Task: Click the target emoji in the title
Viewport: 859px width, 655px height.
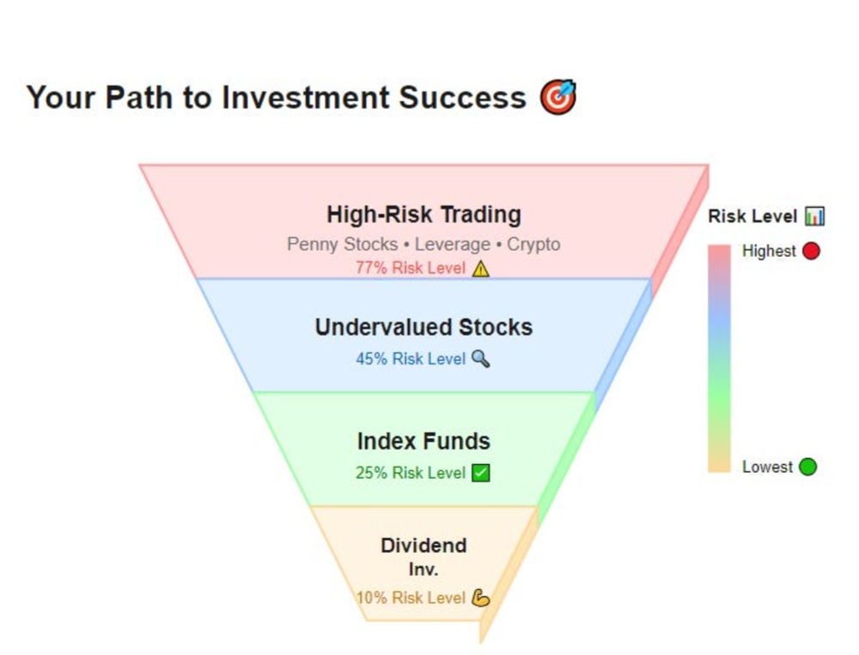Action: (x=558, y=97)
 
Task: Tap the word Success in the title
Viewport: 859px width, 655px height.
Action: (x=462, y=98)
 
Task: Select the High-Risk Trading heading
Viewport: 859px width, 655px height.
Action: (x=423, y=214)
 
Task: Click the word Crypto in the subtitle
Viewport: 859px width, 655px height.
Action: (x=533, y=244)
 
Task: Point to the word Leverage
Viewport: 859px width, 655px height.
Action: (x=452, y=244)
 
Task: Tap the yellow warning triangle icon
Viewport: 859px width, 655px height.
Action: (x=480, y=268)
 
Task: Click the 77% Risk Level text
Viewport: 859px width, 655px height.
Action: (x=411, y=268)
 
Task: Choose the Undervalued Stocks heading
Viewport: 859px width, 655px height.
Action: (x=423, y=327)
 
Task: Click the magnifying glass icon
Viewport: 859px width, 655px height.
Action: (x=480, y=359)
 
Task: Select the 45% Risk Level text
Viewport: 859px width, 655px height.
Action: (x=411, y=359)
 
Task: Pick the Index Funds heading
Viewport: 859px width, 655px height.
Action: (x=423, y=441)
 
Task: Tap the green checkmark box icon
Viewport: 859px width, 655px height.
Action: (x=480, y=473)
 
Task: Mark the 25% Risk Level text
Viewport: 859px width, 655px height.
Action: (x=411, y=473)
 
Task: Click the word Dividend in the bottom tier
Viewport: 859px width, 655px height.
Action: (x=423, y=545)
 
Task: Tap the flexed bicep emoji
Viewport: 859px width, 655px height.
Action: (x=480, y=597)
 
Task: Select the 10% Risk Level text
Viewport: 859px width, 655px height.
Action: (x=411, y=597)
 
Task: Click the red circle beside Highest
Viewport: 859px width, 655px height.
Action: (x=811, y=251)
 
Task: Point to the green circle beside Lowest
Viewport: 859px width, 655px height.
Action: (x=807, y=467)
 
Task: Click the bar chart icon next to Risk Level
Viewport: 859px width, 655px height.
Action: (x=814, y=216)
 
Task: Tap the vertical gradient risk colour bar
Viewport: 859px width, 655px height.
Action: (x=719, y=358)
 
